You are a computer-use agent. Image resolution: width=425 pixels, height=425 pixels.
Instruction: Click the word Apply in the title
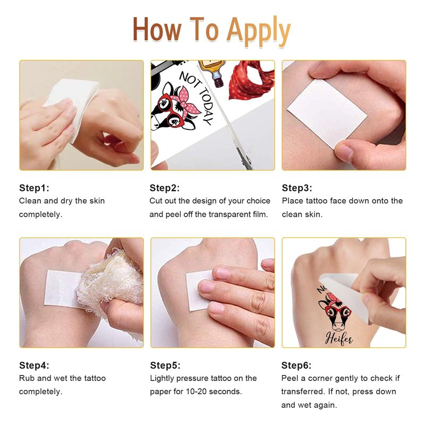[258, 31]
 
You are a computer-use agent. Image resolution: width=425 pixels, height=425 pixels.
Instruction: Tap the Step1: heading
[34, 188]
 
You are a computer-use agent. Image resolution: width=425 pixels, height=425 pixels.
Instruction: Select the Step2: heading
[165, 188]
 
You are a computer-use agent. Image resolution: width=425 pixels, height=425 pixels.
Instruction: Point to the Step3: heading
[297, 188]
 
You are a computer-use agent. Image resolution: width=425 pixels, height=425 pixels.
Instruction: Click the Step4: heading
[34, 365]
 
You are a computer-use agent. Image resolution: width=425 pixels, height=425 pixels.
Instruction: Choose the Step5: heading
[165, 365]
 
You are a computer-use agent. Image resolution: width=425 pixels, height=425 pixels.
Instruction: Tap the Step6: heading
[296, 365]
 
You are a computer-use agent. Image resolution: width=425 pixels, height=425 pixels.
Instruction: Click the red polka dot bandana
[251, 81]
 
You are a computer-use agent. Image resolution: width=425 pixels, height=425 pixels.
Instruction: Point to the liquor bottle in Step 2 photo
[213, 72]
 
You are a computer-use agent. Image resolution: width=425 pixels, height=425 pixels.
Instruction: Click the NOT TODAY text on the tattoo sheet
[197, 97]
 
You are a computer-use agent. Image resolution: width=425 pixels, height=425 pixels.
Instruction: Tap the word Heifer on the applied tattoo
[339, 338]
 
